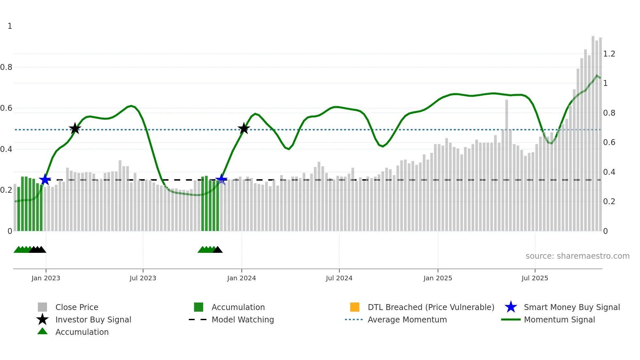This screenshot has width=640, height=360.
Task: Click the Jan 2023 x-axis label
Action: coord(46,278)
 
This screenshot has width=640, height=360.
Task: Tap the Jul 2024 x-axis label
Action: coord(339,278)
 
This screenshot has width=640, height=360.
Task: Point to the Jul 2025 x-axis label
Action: coord(535,278)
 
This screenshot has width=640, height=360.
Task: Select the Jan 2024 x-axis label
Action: coord(241,278)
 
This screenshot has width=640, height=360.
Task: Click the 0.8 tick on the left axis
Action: coord(6,67)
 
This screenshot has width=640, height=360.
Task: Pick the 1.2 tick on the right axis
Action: coord(609,54)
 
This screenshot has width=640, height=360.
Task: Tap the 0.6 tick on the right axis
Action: coord(609,142)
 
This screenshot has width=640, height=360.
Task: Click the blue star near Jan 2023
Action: coord(45,180)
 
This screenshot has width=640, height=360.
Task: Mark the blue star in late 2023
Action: coord(221,179)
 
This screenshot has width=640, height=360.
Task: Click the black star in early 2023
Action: coord(75,129)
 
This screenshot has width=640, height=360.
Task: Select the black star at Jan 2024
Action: coord(244,129)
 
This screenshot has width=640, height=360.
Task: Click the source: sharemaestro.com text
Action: coord(577,256)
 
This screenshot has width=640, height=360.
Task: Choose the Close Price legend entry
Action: coord(77,307)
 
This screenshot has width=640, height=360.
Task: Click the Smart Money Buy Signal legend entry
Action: coord(571,307)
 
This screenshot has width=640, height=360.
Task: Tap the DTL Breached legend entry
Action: coord(431,307)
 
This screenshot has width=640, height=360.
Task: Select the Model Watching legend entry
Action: coord(243,320)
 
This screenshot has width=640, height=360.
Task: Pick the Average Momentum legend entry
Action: coord(407,320)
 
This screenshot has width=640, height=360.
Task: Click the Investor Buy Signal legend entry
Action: coord(93,320)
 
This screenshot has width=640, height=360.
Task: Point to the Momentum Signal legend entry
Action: coord(559,320)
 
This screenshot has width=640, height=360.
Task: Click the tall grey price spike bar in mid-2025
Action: coord(506,163)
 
